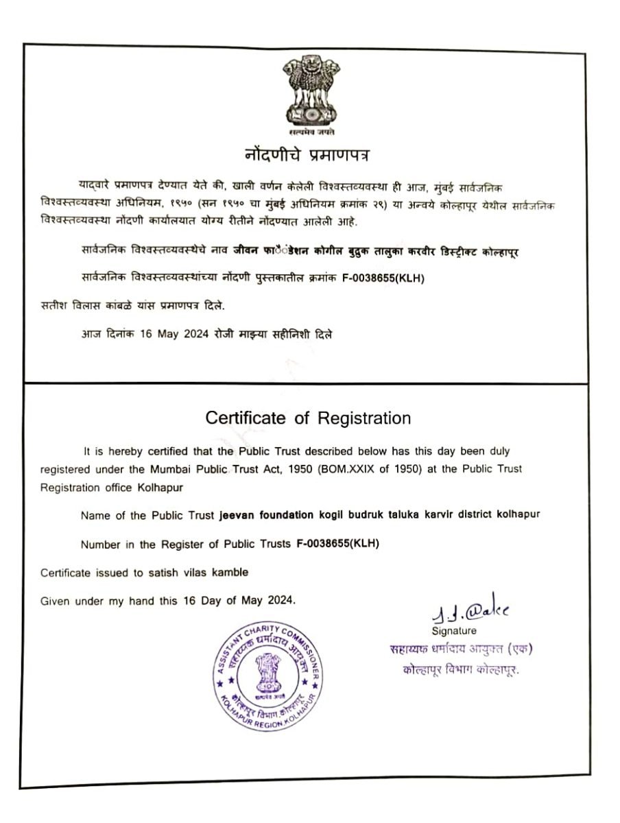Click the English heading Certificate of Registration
[x=309, y=418]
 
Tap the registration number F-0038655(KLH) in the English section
[x=337, y=544]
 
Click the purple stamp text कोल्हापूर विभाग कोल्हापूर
[x=461, y=670]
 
